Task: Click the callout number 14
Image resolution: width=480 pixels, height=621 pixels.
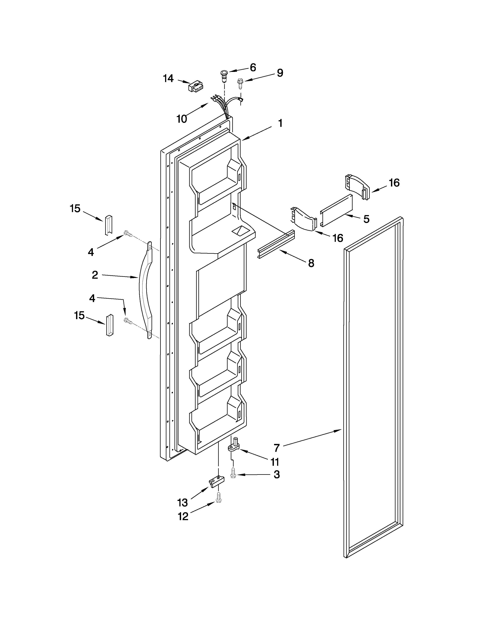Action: tap(168, 78)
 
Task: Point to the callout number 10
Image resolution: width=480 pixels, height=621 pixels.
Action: tap(182, 119)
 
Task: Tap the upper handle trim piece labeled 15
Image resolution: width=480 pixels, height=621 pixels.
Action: tap(109, 225)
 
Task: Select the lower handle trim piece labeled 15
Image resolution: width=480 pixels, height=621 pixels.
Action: tap(110, 325)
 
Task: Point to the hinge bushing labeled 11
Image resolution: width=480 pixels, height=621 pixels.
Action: tap(234, 447)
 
